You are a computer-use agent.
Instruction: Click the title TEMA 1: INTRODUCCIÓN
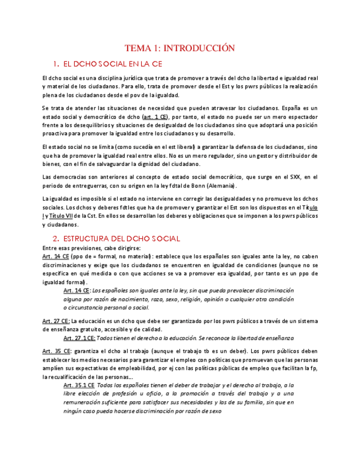(x=180, y=48)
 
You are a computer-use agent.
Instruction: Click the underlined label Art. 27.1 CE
(x=79, y=338)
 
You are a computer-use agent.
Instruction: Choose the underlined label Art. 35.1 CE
(x=79, y=385)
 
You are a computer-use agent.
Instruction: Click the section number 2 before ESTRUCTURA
(x=56, y=238)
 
